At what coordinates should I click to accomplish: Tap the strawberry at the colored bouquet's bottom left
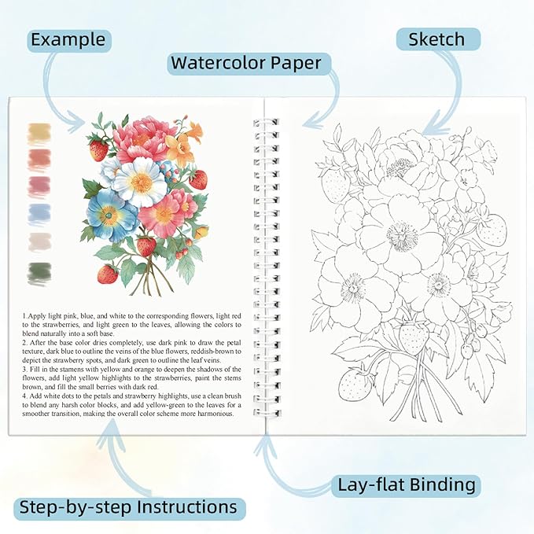(x=108, y=274)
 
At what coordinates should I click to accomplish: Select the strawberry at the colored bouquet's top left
(x=98, y=149)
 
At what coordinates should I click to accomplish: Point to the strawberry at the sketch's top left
(x=334, y=182)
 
